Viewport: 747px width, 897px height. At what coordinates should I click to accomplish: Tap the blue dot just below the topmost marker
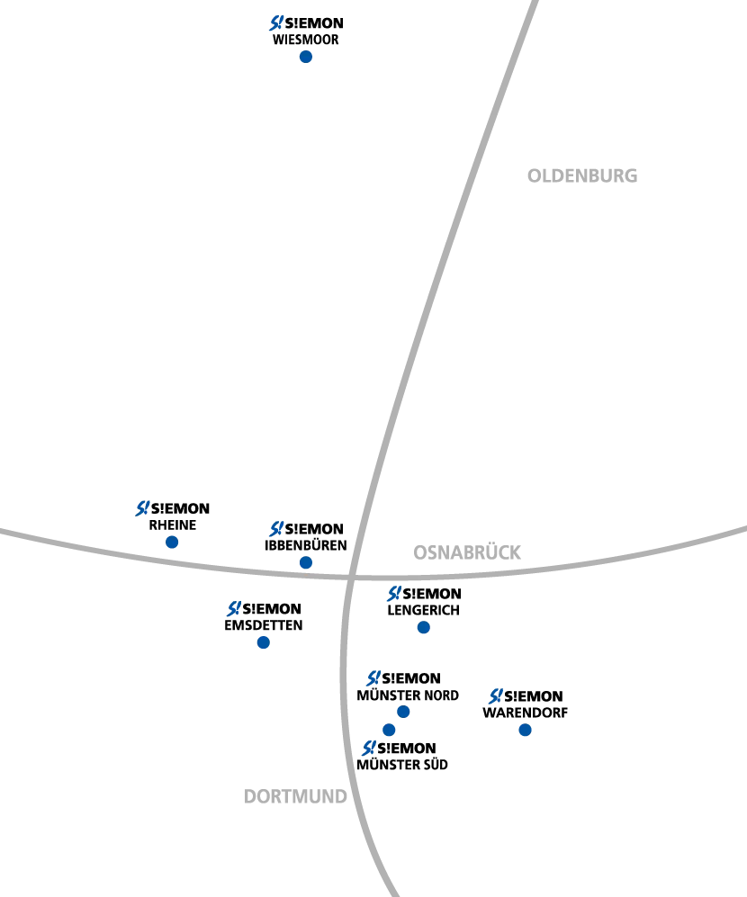(306, 58)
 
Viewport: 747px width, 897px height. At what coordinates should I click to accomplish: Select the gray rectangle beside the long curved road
(582, 176)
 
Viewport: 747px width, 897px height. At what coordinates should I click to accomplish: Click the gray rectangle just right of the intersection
(467, 551)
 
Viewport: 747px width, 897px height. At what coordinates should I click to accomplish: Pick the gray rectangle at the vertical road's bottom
(298, 795)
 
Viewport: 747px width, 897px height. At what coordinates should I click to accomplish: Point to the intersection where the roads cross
(352, 574)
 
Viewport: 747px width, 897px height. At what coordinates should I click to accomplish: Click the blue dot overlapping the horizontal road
(306, 563)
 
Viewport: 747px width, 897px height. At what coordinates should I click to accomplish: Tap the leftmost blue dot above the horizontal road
(172, 543)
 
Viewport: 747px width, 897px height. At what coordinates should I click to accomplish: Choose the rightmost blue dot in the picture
(526, 731)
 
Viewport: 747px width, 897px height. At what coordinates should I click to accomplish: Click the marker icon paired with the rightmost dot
(494, 695)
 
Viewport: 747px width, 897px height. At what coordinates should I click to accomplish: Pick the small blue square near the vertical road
(403, 713)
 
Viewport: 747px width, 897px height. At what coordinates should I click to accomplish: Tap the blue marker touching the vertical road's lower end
(366, 749)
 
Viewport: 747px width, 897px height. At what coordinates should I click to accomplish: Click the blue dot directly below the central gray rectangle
(422, 628)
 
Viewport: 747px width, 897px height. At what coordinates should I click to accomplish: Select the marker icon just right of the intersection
(393, 594)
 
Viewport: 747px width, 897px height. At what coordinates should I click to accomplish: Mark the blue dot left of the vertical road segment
(264, 643)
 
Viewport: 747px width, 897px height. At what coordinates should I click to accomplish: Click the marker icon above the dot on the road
(276, 529)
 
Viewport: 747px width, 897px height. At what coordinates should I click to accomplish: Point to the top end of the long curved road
(534, 4)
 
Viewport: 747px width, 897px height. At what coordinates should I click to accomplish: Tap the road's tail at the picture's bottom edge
(394, 891)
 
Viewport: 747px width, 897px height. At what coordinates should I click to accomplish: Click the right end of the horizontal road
(742, 530)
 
